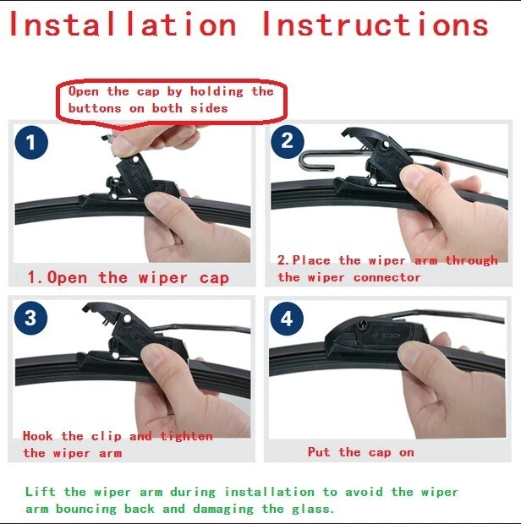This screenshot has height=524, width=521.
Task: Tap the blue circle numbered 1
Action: (31, 142)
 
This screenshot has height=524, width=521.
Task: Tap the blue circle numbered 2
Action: (288, 140)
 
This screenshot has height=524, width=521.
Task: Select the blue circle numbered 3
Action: (31, 318)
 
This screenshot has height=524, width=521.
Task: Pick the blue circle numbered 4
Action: (288, 319)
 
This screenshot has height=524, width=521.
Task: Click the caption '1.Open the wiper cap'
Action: (128, 277)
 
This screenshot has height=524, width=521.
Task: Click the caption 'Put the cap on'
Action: (360, 452)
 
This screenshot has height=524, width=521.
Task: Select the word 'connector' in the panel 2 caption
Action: (387, 277)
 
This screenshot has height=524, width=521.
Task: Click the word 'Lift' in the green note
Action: (40, 491)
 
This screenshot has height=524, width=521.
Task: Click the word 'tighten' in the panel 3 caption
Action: (185, 436)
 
